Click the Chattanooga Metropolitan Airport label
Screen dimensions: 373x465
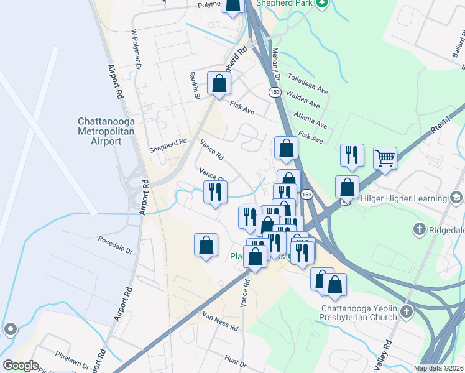(x=99, y=131)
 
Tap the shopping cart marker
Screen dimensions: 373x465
(x=385, y=159)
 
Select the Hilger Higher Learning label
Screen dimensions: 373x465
(x=403, y=199)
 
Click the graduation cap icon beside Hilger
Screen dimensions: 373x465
(x=456, y=198)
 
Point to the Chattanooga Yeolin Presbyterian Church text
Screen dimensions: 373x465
(x=359, y=313)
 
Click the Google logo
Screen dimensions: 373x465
(x=21, y=366)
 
